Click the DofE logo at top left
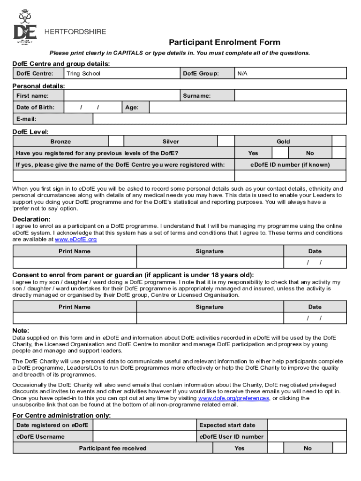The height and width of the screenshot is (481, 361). tap(25, 27)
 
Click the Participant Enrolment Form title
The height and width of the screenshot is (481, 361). tap(225, 42)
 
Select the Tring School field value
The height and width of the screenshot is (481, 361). tap(83, 73)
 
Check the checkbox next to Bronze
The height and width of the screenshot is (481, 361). tap(116, 141)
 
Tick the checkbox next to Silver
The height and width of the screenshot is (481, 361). tap(226, 141)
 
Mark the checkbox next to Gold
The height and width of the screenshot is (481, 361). tap(339, 141)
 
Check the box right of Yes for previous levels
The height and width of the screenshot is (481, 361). tap(280, 153)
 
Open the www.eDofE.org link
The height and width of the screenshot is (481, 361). tap(76, 240)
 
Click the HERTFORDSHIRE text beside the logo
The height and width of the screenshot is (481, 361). tap(75, 32)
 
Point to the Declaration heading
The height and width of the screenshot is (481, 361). tap(31, 219)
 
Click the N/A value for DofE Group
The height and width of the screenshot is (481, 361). tap(242, 73)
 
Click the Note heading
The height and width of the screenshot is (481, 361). tap(21, 330)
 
